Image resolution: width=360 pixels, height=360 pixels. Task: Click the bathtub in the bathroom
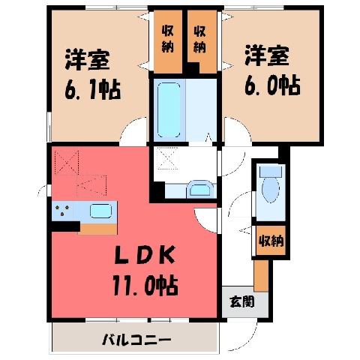(169, 110)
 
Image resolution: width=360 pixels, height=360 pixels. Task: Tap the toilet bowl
(271, 190)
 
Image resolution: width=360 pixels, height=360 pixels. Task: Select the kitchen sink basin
(100, 211)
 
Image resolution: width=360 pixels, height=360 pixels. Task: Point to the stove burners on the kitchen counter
(62, 211)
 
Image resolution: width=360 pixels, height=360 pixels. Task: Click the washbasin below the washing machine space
(200, 190)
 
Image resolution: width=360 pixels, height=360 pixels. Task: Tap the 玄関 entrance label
(242, 301)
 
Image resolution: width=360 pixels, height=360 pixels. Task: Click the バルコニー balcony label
(137, 340)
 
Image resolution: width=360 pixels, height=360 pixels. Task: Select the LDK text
(144, 255)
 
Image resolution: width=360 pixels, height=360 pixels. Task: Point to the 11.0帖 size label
(145, 285)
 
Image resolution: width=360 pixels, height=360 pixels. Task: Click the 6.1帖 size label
(93, 89)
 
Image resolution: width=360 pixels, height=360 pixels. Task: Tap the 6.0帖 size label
(272, 85)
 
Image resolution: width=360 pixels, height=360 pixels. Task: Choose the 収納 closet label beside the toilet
(271, 241)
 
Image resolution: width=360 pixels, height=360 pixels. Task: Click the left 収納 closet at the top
(168, 42)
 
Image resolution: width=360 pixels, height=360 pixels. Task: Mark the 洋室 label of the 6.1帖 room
(87, 60)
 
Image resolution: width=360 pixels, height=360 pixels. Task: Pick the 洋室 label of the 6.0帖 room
(267, 55)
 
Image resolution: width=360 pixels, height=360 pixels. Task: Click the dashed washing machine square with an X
(166, 158)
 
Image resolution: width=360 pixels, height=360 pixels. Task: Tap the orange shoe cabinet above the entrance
(261, 276)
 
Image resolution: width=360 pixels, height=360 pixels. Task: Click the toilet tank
(271, 172)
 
